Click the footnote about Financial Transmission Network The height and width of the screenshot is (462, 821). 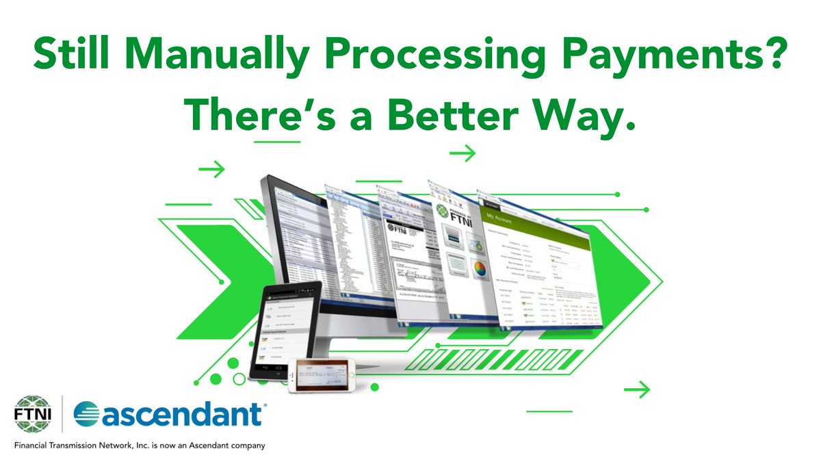click(140, 446)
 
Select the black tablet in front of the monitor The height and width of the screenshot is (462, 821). click(285, 329)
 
